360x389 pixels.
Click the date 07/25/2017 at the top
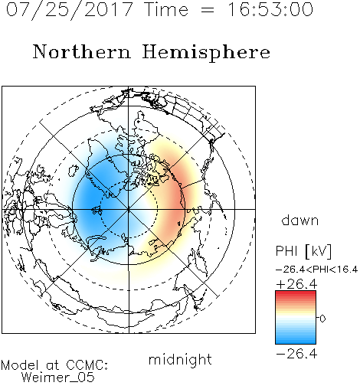(70, 11)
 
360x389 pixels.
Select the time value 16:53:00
(270, 9)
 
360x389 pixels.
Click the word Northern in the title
(82, 51)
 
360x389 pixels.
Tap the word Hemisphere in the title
(206, 53)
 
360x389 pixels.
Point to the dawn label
(300, 220)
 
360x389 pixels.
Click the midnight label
(180, 359)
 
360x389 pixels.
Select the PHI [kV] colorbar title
(303, 251)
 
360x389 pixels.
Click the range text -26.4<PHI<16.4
(316, 270)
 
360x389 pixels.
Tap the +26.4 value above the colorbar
(296, 284)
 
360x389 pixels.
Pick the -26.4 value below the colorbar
(296, 354)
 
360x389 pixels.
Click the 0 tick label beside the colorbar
(322, 319)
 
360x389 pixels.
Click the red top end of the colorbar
(296, 293)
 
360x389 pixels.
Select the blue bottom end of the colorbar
(296, 342)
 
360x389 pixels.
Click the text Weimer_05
(58, 378)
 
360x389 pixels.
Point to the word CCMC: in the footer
(87, 365)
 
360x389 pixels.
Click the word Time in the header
(166, 9)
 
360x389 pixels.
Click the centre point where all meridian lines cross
(129, 209)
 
